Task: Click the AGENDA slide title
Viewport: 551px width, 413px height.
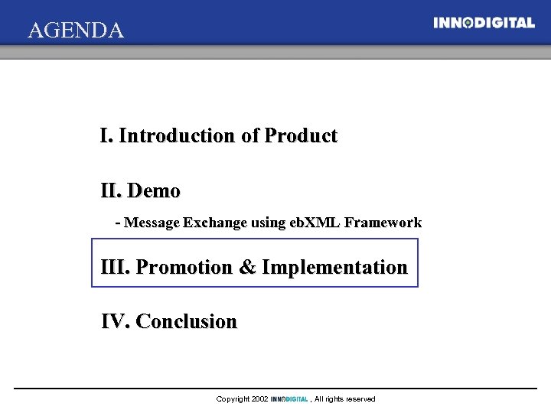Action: [x=75, y=31]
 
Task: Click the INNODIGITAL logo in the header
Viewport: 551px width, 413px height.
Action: [x=484, y=23]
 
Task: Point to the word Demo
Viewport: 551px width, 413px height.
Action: [x=154, y=190]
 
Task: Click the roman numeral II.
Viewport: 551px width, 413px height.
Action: [x=110, y=190]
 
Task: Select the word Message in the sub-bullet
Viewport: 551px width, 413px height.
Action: [x=152, y=223]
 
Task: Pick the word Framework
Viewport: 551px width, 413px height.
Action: [x=383, y=223]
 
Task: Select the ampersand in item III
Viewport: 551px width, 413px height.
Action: [x=247, y=268]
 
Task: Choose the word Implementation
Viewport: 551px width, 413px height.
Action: [x=334, y=268]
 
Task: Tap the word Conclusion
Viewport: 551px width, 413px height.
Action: [x=186, y=321]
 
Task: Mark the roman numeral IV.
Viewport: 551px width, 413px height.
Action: [x=115, y=321]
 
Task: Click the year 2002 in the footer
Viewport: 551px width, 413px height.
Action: [x=259, y=399]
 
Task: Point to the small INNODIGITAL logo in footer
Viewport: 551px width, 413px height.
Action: [x=289, y=399]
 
